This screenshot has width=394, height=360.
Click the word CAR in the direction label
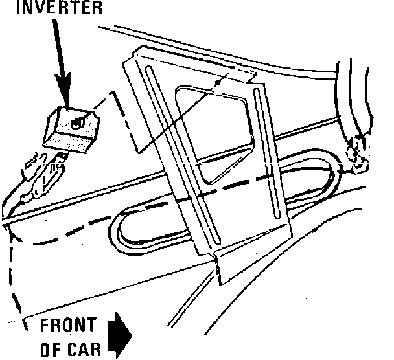coord(85,350)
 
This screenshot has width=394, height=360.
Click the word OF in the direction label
coord(51,350)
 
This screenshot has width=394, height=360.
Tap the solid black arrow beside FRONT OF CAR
coord(121,336)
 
